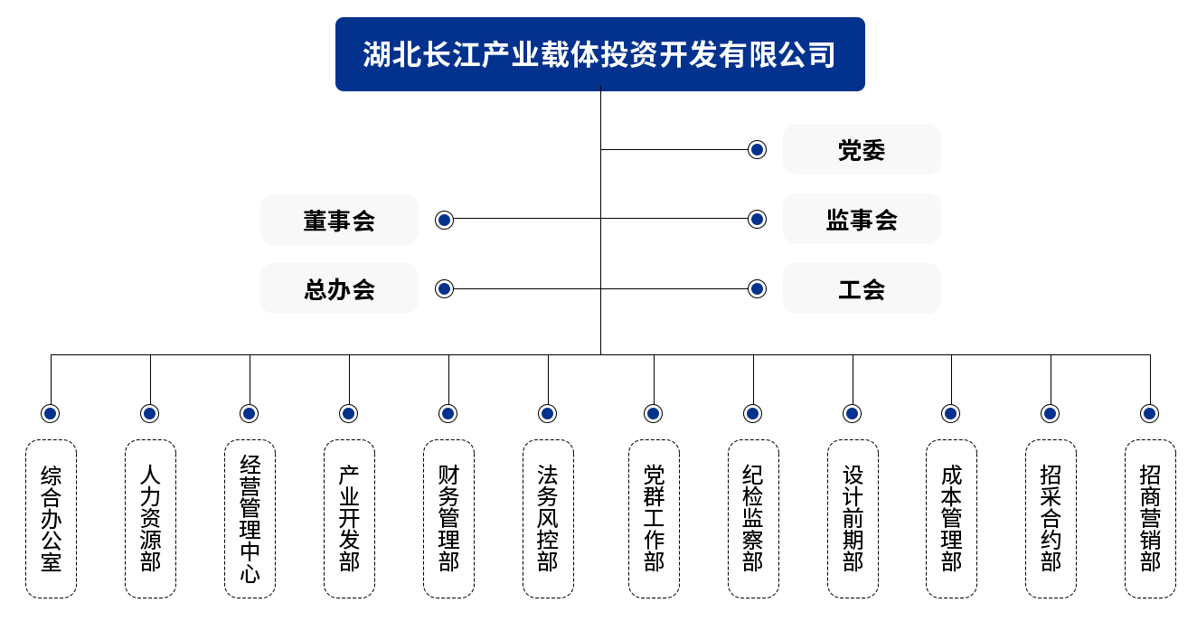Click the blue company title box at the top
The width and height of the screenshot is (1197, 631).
tap(599, 54)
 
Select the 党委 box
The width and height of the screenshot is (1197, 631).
tap(861, 149)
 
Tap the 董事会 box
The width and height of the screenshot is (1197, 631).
tap(339, 220)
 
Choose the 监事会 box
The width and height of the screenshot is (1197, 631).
tap(861, 220)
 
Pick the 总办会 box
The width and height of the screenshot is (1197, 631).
tap(339, 289)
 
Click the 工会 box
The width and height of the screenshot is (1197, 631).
tap(861, 289)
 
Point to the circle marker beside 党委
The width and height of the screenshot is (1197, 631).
tap(758, 149)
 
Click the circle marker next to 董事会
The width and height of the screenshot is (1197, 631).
tap(444, 220)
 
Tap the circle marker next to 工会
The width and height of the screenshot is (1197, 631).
tap(758, 289)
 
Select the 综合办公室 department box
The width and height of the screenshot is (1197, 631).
tap(51, 519)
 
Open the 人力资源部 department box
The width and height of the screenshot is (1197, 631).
tap(150, 519)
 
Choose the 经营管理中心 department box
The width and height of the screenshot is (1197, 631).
tap(250, 519)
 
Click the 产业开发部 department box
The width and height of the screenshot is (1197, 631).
tap(349, 519)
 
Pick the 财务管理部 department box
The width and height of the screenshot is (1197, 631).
tap(448, 519)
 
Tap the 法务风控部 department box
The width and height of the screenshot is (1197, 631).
tap(548, 519)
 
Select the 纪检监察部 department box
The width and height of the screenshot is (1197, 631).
tap(753, 519)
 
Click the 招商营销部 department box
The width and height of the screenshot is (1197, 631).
tap(1150, 519)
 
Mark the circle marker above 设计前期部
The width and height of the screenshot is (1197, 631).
tap(852, 414)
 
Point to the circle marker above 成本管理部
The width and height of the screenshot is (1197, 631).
tap(951, 414)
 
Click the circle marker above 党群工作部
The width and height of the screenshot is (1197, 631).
tap(654, 414)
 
